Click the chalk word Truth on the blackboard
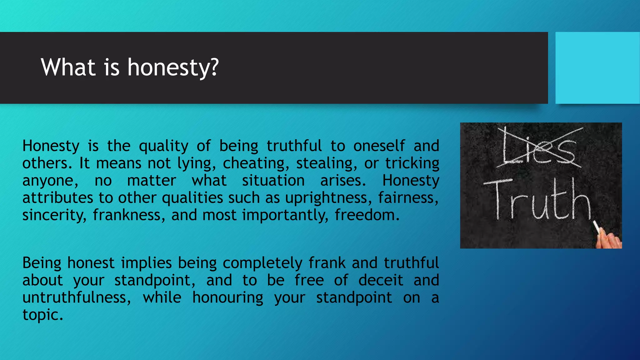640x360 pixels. (x=537, y=200)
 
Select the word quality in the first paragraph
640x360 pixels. (x=163, y=146)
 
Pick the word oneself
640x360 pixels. (x=379, y=146)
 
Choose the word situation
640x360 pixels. (x=273, y=181)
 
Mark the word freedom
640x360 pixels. (x=367, y=215)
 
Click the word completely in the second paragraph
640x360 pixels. (x=262, y=263)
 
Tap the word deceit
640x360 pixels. (x=380, y=280)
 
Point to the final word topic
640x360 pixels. (x=42, y=315)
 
